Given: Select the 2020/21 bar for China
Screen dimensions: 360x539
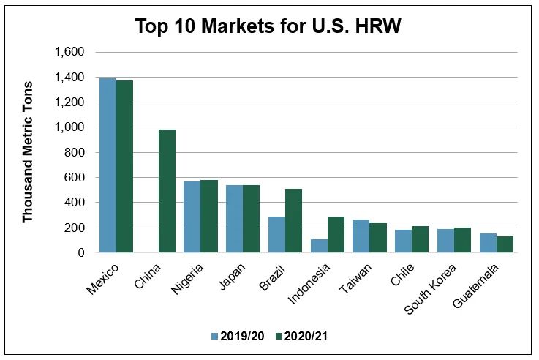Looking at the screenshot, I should click(167, 191).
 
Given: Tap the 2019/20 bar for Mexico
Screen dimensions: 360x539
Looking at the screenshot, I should click(108, 165).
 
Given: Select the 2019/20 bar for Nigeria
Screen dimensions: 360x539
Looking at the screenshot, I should click(192, 217).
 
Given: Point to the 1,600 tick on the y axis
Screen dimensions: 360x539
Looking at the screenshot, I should click(70, 53).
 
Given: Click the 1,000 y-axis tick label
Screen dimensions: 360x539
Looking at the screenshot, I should click(70, 127).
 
